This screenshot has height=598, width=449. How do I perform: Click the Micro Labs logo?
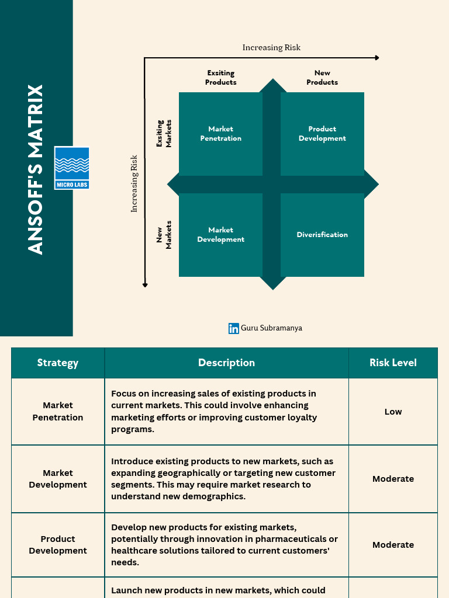click(72, 168)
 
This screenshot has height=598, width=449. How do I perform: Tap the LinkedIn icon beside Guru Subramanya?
click(234, 328)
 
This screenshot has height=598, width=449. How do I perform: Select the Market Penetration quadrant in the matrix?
click(220, 134)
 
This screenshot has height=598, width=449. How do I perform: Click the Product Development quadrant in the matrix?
click(322, 134)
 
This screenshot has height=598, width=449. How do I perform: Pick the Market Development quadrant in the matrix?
click(220, 235)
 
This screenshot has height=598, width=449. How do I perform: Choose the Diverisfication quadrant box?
click(322, 235)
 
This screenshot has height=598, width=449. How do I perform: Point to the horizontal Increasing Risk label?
click(271, 47)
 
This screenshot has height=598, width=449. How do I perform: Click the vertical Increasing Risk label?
click(134, 183)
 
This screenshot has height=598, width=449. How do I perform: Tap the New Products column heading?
click(322, 78)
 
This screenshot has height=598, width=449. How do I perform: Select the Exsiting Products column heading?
click(220, 78)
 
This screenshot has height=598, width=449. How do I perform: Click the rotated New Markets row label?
click(164, 235)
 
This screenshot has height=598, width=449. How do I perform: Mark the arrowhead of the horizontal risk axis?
click(377, 58)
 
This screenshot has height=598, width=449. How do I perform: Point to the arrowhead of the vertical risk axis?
click(145, 285)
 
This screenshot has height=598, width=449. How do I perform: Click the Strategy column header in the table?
click(58, 363)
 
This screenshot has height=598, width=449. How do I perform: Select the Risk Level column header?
click(393, 363)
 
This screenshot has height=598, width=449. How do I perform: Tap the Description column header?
click(226, 363)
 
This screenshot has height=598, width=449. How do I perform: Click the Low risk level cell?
click(393, 412)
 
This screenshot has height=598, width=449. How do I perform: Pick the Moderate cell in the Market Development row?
click(393, 479)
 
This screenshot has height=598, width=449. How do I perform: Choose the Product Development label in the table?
click(58, 545)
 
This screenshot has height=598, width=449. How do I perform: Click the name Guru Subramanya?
click(271, 328)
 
